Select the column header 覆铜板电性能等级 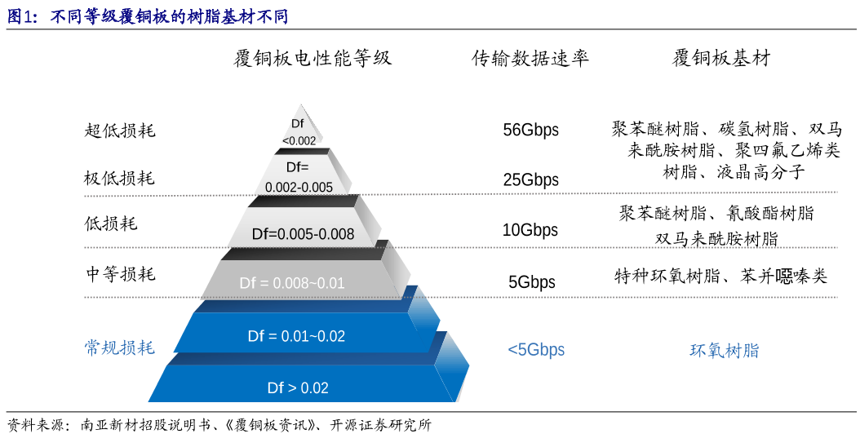[x=313, y=58]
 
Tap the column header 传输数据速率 [x=530, y=58]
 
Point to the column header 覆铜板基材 [x=721, y=58]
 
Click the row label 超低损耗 [x=120, y=130]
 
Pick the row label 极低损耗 [x=120, y=178]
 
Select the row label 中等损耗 [x=121, y=273]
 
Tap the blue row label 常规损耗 [x=120, y=348]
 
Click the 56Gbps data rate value [x=530, y=131]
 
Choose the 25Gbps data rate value [x=530, y=180]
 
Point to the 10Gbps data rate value [x=530, y=230]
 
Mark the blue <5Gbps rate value [x=536, y=350]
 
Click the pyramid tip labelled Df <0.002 [x=299, y=131]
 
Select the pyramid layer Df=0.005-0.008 [x=303, y=234]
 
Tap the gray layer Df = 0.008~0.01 [x=292, y=283]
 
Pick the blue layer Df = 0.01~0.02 [x=296, y=336]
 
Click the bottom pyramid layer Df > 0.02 [x=298, y=387]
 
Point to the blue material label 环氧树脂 [x=724, y=351]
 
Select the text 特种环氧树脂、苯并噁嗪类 [x=720, y=277]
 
